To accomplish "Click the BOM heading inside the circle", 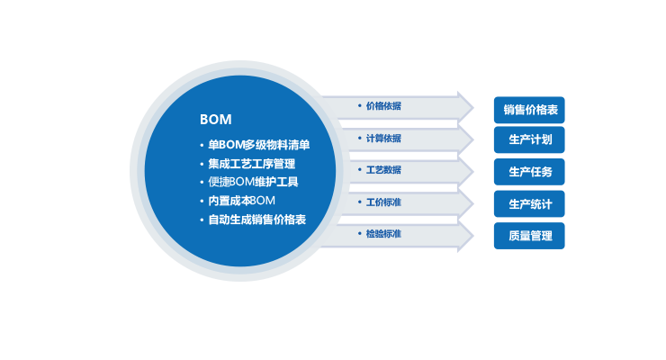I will [215, 120].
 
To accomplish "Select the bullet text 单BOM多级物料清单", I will [258, 145].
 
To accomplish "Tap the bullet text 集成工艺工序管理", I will [251, 164].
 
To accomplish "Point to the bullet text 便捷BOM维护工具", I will [253, 182].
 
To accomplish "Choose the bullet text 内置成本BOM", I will [241, 201].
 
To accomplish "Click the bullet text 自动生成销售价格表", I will [257, 220].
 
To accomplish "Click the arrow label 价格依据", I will [383, 106].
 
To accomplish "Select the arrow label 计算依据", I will [383, 139].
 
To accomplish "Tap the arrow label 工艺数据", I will [383, 170].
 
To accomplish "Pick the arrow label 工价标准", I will [383, 202].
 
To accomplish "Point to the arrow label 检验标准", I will [383, 234].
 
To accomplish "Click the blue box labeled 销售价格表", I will [529, 110].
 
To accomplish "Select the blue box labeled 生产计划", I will [529, 140].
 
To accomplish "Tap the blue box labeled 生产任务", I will [529, 172].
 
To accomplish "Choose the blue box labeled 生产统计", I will [529, 204].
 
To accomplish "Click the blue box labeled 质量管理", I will [529, 236].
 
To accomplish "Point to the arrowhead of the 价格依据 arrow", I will [465, 106].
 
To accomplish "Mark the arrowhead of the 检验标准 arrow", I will [465, 237].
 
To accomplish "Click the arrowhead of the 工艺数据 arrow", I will [465, 171].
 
